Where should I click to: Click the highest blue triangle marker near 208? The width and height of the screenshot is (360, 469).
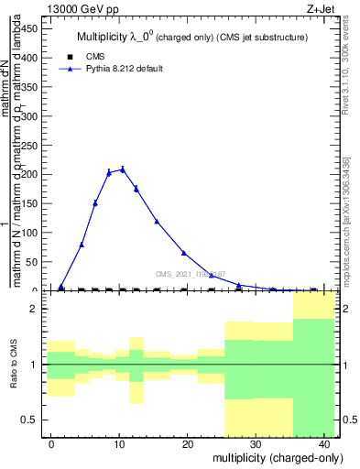[122, 169]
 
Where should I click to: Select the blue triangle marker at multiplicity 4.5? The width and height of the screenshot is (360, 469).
[82, 245]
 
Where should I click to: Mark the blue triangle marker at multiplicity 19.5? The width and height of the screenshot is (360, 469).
[183, 253]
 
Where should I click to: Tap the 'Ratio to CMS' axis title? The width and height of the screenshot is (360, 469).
[14, 365]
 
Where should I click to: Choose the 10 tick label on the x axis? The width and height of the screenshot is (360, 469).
[119, 443]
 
